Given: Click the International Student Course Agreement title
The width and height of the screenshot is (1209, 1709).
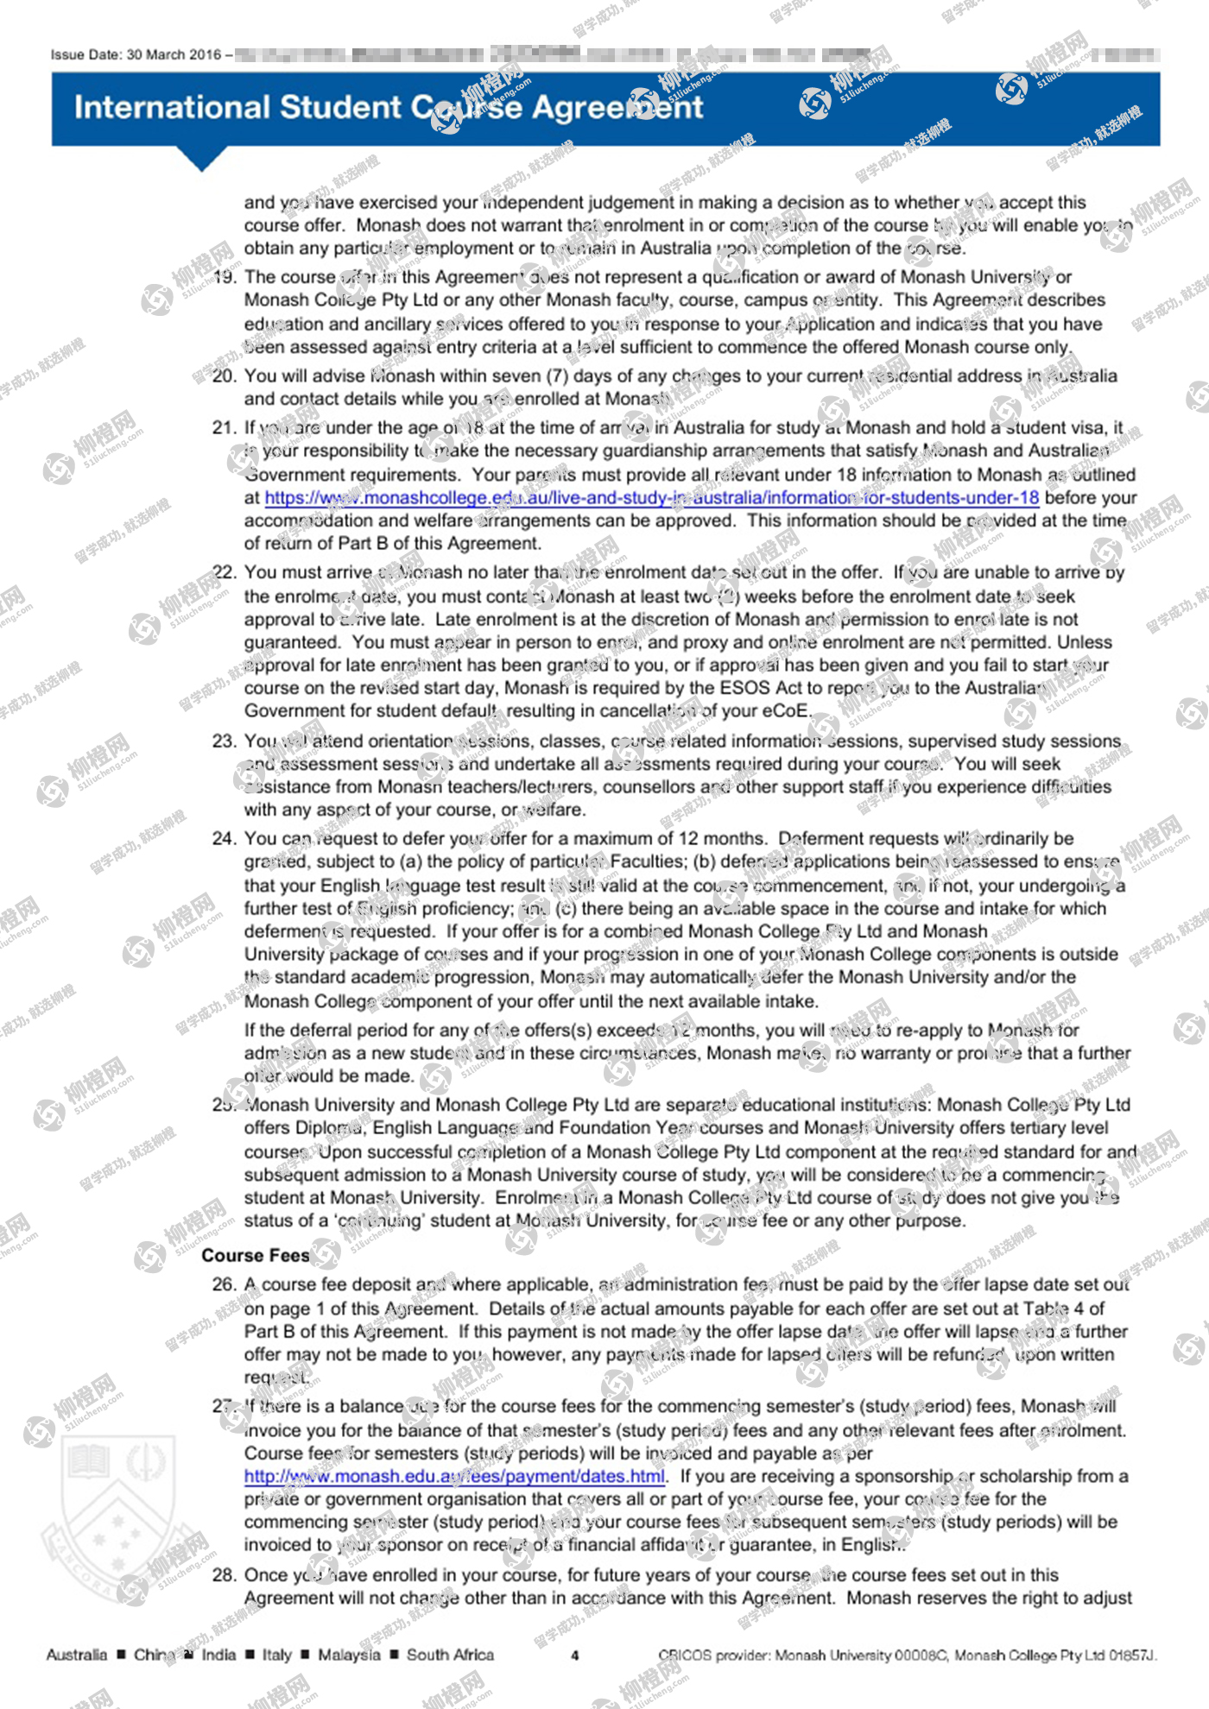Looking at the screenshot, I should tap(389, 108).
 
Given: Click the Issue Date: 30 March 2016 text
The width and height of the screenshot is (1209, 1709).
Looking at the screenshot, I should tap(136, 55).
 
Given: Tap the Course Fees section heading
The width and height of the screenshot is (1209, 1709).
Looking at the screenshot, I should tap(256, 1256).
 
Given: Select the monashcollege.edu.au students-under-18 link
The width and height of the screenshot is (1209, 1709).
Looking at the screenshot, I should tap(651, 498).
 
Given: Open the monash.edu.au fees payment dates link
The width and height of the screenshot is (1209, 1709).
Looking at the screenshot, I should tap(454, 1477).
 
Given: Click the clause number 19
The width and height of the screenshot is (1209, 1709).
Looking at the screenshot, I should tap(225, 277).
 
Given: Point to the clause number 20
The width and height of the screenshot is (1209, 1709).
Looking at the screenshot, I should tap(225, 376).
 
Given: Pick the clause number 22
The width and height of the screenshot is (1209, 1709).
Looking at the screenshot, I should tap(225, 572).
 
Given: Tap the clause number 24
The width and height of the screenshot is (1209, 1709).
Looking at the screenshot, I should tap(225, 839).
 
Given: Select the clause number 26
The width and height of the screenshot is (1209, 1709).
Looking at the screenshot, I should tap(225, 1285).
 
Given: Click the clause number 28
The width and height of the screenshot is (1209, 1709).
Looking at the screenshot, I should tap(225, 1575).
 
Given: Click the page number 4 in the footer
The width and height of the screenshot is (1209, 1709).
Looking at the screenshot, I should tap(575, 1655).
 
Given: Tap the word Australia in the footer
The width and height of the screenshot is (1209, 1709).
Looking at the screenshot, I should tap(77, 1655).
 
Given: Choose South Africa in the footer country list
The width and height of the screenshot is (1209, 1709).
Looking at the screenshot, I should tap(450, 1655).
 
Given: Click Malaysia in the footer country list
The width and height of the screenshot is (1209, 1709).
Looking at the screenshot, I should tap(349, 1655).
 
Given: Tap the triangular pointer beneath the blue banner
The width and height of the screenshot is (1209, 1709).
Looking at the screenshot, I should tap(201, 159).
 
